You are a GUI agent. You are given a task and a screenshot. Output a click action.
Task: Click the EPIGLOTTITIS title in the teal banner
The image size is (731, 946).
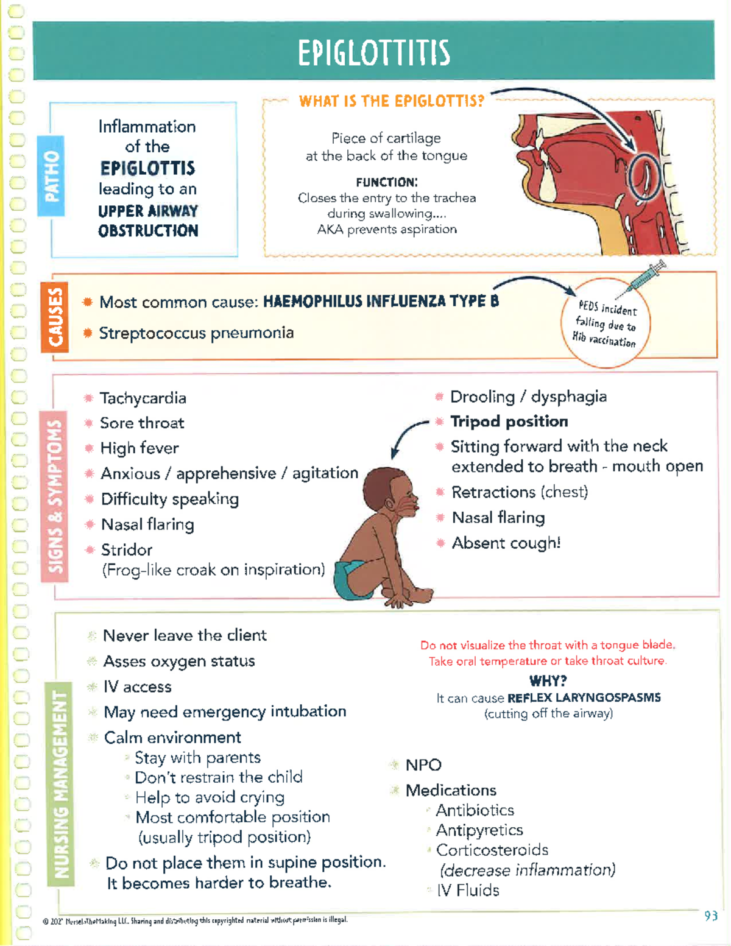pos(374,52)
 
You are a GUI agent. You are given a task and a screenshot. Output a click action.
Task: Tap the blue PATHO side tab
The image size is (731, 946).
pos(51,176)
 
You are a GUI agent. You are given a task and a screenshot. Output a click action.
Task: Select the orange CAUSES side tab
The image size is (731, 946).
pos(55,317)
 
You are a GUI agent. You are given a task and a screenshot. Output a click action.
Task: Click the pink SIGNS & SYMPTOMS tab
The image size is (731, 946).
pos(55,496)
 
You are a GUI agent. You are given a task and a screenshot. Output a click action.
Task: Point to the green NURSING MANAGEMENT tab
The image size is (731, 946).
pos(60,783)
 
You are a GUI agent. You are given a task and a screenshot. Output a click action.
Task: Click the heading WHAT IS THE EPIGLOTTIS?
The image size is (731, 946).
pos(391,101)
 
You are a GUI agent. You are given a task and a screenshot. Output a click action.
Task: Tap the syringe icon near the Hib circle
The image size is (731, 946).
pos(647,275)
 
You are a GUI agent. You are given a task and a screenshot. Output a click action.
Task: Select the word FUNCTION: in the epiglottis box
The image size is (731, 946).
pos(387,182)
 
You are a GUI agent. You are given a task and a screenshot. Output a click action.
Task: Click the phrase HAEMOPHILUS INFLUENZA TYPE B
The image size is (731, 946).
pos(381,302)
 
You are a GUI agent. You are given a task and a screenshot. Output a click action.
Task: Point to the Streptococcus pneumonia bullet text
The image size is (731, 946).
pos(196,333)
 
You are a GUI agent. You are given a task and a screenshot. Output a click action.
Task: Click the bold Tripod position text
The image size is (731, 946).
pos(509,422)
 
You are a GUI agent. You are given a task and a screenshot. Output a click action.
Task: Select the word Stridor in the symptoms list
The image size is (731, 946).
pos(127,550)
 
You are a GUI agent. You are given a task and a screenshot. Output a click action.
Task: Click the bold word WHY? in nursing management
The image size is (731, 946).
pos(548,680)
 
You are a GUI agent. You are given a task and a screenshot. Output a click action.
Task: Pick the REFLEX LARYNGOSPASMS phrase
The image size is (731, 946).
pos(584,698)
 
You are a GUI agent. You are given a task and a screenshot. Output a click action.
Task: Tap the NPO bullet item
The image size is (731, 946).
pos(423,765)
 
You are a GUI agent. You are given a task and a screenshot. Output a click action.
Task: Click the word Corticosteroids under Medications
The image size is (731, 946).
pos(492,850)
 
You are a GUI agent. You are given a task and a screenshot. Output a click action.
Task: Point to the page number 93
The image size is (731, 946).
pos(710,916)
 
